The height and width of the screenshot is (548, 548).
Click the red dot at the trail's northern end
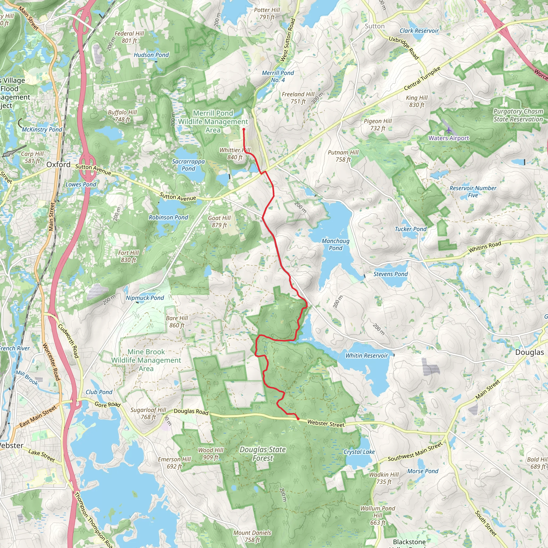[244, 129]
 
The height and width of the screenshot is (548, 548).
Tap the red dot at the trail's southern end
[298, 419]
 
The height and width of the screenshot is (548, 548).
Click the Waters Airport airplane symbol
[448, 131]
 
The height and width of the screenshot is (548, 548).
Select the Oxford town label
[58, 165]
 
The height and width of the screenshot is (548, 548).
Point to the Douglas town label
[529, 352]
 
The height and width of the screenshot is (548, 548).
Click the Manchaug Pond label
[336, 244]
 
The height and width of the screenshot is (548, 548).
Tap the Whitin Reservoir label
[366, 355]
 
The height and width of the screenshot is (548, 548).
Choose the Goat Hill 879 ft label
[219, 222]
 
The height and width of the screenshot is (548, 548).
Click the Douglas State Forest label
[263, 454]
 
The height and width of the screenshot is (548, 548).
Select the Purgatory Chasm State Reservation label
[518, 115]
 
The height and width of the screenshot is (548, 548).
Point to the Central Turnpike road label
[422, 78]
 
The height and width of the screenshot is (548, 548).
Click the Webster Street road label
[326, 424]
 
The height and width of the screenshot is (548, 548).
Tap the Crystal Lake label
[359, 452]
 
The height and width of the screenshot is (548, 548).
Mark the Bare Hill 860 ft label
[177, 322]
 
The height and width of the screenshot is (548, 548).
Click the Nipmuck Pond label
[145, 298]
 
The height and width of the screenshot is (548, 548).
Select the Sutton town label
[374, 26]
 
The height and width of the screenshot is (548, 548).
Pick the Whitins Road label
[485, 247]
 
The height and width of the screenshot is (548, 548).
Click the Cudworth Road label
[68, 341]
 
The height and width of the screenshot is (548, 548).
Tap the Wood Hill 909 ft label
[211, 454]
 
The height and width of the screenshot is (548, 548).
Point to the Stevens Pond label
[390, 274]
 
